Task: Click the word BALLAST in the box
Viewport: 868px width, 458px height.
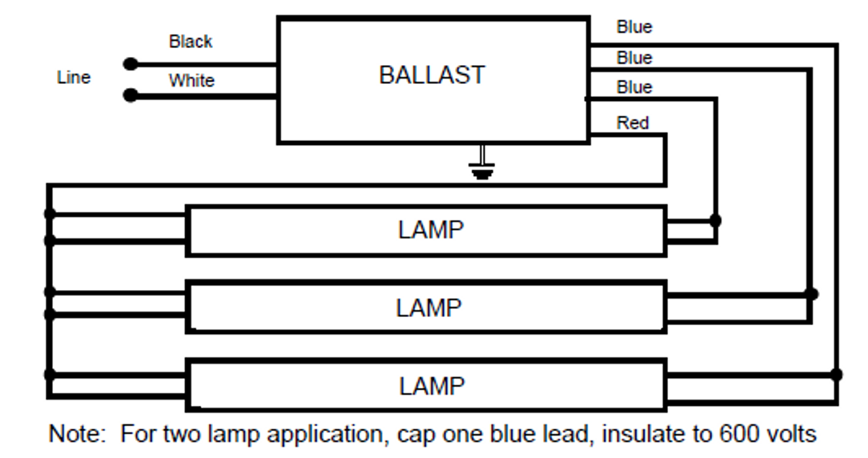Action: click(432, 75)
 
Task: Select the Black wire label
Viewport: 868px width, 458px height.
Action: click(191, 42)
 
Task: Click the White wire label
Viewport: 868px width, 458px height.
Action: click(191, 81)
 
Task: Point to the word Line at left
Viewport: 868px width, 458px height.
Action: click(73, 78)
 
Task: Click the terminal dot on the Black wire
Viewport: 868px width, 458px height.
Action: click(130, 64)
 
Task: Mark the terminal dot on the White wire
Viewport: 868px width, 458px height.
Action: click(130, 96)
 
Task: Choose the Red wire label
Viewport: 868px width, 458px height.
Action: click(632, 123)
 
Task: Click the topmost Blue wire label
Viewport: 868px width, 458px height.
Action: click(634, 27)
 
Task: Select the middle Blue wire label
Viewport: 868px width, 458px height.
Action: click(634, 58)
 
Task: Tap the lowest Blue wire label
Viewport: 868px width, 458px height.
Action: click(634, 87)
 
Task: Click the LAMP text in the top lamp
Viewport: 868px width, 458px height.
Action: click(431, 230)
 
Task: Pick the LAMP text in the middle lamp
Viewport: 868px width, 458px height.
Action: click(429, 308)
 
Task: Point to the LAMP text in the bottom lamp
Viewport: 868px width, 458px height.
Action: click(431, 386)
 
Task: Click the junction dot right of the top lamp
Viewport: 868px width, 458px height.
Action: click(715, 220)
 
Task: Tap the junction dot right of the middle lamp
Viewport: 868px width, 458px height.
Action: click(811, 294)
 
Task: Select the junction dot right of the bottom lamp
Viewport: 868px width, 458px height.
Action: click(836, 374)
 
